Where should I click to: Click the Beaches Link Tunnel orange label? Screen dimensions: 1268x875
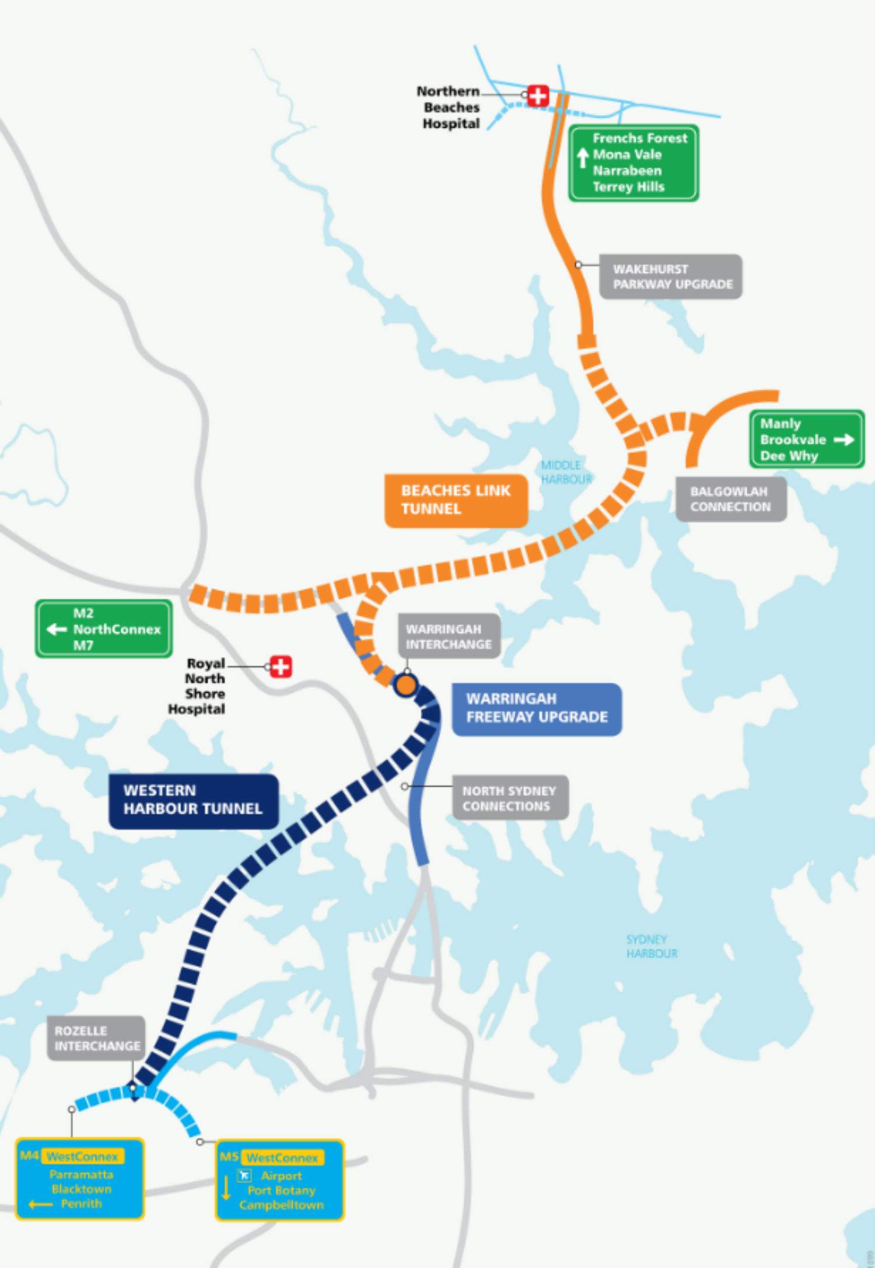pyautogui.click(x=456, y=500)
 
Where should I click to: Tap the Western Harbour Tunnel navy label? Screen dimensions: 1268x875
pyautogui.click(x=193, y=800)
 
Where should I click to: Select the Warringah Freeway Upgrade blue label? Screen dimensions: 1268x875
pyautogui.click(x=537, y=708)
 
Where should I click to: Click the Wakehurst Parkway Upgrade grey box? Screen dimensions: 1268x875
pyautogui.click(x=671, y=277)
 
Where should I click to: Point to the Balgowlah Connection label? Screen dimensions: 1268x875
pyautogui.click(x=730, y=499)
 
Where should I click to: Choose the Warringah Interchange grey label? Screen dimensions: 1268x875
pyautogui.click(x=449, y=637)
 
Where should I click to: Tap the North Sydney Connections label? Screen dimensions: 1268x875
pyautogui.click(x=509, y=798)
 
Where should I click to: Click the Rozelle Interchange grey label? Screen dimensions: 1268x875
pyautogui.click(x=96, y=1039)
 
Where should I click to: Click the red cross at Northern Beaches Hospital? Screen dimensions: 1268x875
pyautogui.click(x=538, y=96)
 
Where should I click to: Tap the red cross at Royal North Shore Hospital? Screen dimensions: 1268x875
pyautogui.click(x=281, y=666)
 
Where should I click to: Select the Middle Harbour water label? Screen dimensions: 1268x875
pyautogui.click(x=565, y=472)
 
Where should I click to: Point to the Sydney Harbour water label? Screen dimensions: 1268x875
pyautogui.click(x=652, y=946)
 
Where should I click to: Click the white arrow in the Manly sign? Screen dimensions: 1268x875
pyautogui.click(x=843, y=440)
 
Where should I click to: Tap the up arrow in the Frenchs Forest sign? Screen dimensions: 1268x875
pyautogui.click(x=582, y=158)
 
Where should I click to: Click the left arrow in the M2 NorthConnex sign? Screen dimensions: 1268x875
pyautogui.click(x=57, y=629)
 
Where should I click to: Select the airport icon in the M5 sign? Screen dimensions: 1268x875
pyautogui.click(x=244, y=1175)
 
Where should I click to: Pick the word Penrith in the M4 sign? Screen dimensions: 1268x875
pyautogui.click(x=81, y=1204)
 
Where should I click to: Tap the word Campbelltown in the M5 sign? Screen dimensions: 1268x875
pyautogui.click(x=281, y=1205)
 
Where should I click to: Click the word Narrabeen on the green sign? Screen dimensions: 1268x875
pyautogui.click(x=627, y=171)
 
